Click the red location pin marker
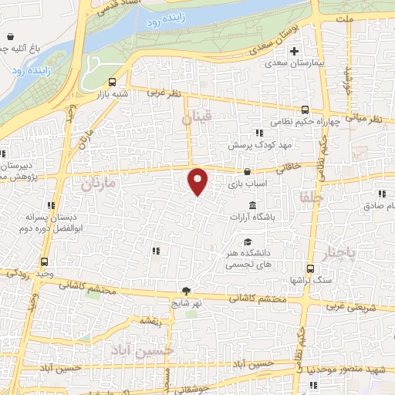coord(198,181)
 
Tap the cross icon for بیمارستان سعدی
coord(293,52)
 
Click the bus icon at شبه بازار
coord(113,81)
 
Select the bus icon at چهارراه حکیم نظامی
coord(305,110)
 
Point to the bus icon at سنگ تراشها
coord(310,268)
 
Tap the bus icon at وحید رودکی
coord(44,262)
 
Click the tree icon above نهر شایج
coord(186,290)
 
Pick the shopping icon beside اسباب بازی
coord(247,171)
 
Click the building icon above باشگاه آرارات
coord(253,204)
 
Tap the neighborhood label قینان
coord(196,120)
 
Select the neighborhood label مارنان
coord(97,185)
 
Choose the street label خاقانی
coord(295,164)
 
